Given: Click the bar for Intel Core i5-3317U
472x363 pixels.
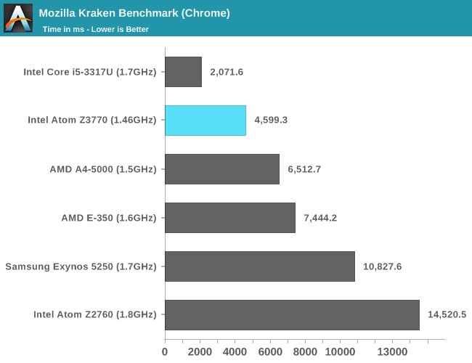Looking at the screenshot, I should [x=183, y=72].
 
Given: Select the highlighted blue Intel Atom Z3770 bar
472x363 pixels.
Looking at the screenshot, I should [x=206, y=121].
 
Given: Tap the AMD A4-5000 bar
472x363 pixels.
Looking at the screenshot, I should [x=222, y=169].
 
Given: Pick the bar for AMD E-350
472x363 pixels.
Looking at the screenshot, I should [x=230, y=218].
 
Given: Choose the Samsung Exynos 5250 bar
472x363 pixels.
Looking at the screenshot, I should [x=260, y=266].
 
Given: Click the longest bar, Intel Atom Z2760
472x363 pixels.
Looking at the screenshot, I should [x=292, y=315].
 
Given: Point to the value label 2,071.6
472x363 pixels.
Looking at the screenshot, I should [x=227, y=72].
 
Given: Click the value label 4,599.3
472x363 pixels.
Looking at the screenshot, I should [x=271, y=121].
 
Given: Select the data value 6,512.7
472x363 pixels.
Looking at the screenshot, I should [x=304, y=169].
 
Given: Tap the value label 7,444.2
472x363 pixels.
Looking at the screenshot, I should [x=320, y=218].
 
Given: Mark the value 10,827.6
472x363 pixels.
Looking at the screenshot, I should [x=383, y=266].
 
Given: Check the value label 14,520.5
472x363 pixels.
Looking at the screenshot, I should [x=447, y=315].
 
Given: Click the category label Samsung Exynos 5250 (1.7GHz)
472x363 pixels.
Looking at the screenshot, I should [x=81, y=266].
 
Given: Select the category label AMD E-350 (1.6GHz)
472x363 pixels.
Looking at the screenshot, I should [x=108, y=218].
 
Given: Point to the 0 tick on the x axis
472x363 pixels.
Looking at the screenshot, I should [x=165, y=352].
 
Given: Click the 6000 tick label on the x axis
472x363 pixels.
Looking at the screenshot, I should [x=270, y=352].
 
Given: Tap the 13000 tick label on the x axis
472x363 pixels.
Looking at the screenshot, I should [x=392, y=352].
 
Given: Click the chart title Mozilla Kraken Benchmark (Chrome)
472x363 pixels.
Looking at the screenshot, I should [x=134, y=13].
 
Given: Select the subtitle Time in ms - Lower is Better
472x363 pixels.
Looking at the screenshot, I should [x=96, y=29].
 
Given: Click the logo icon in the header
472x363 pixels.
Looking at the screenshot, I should [x=18, y=18].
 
